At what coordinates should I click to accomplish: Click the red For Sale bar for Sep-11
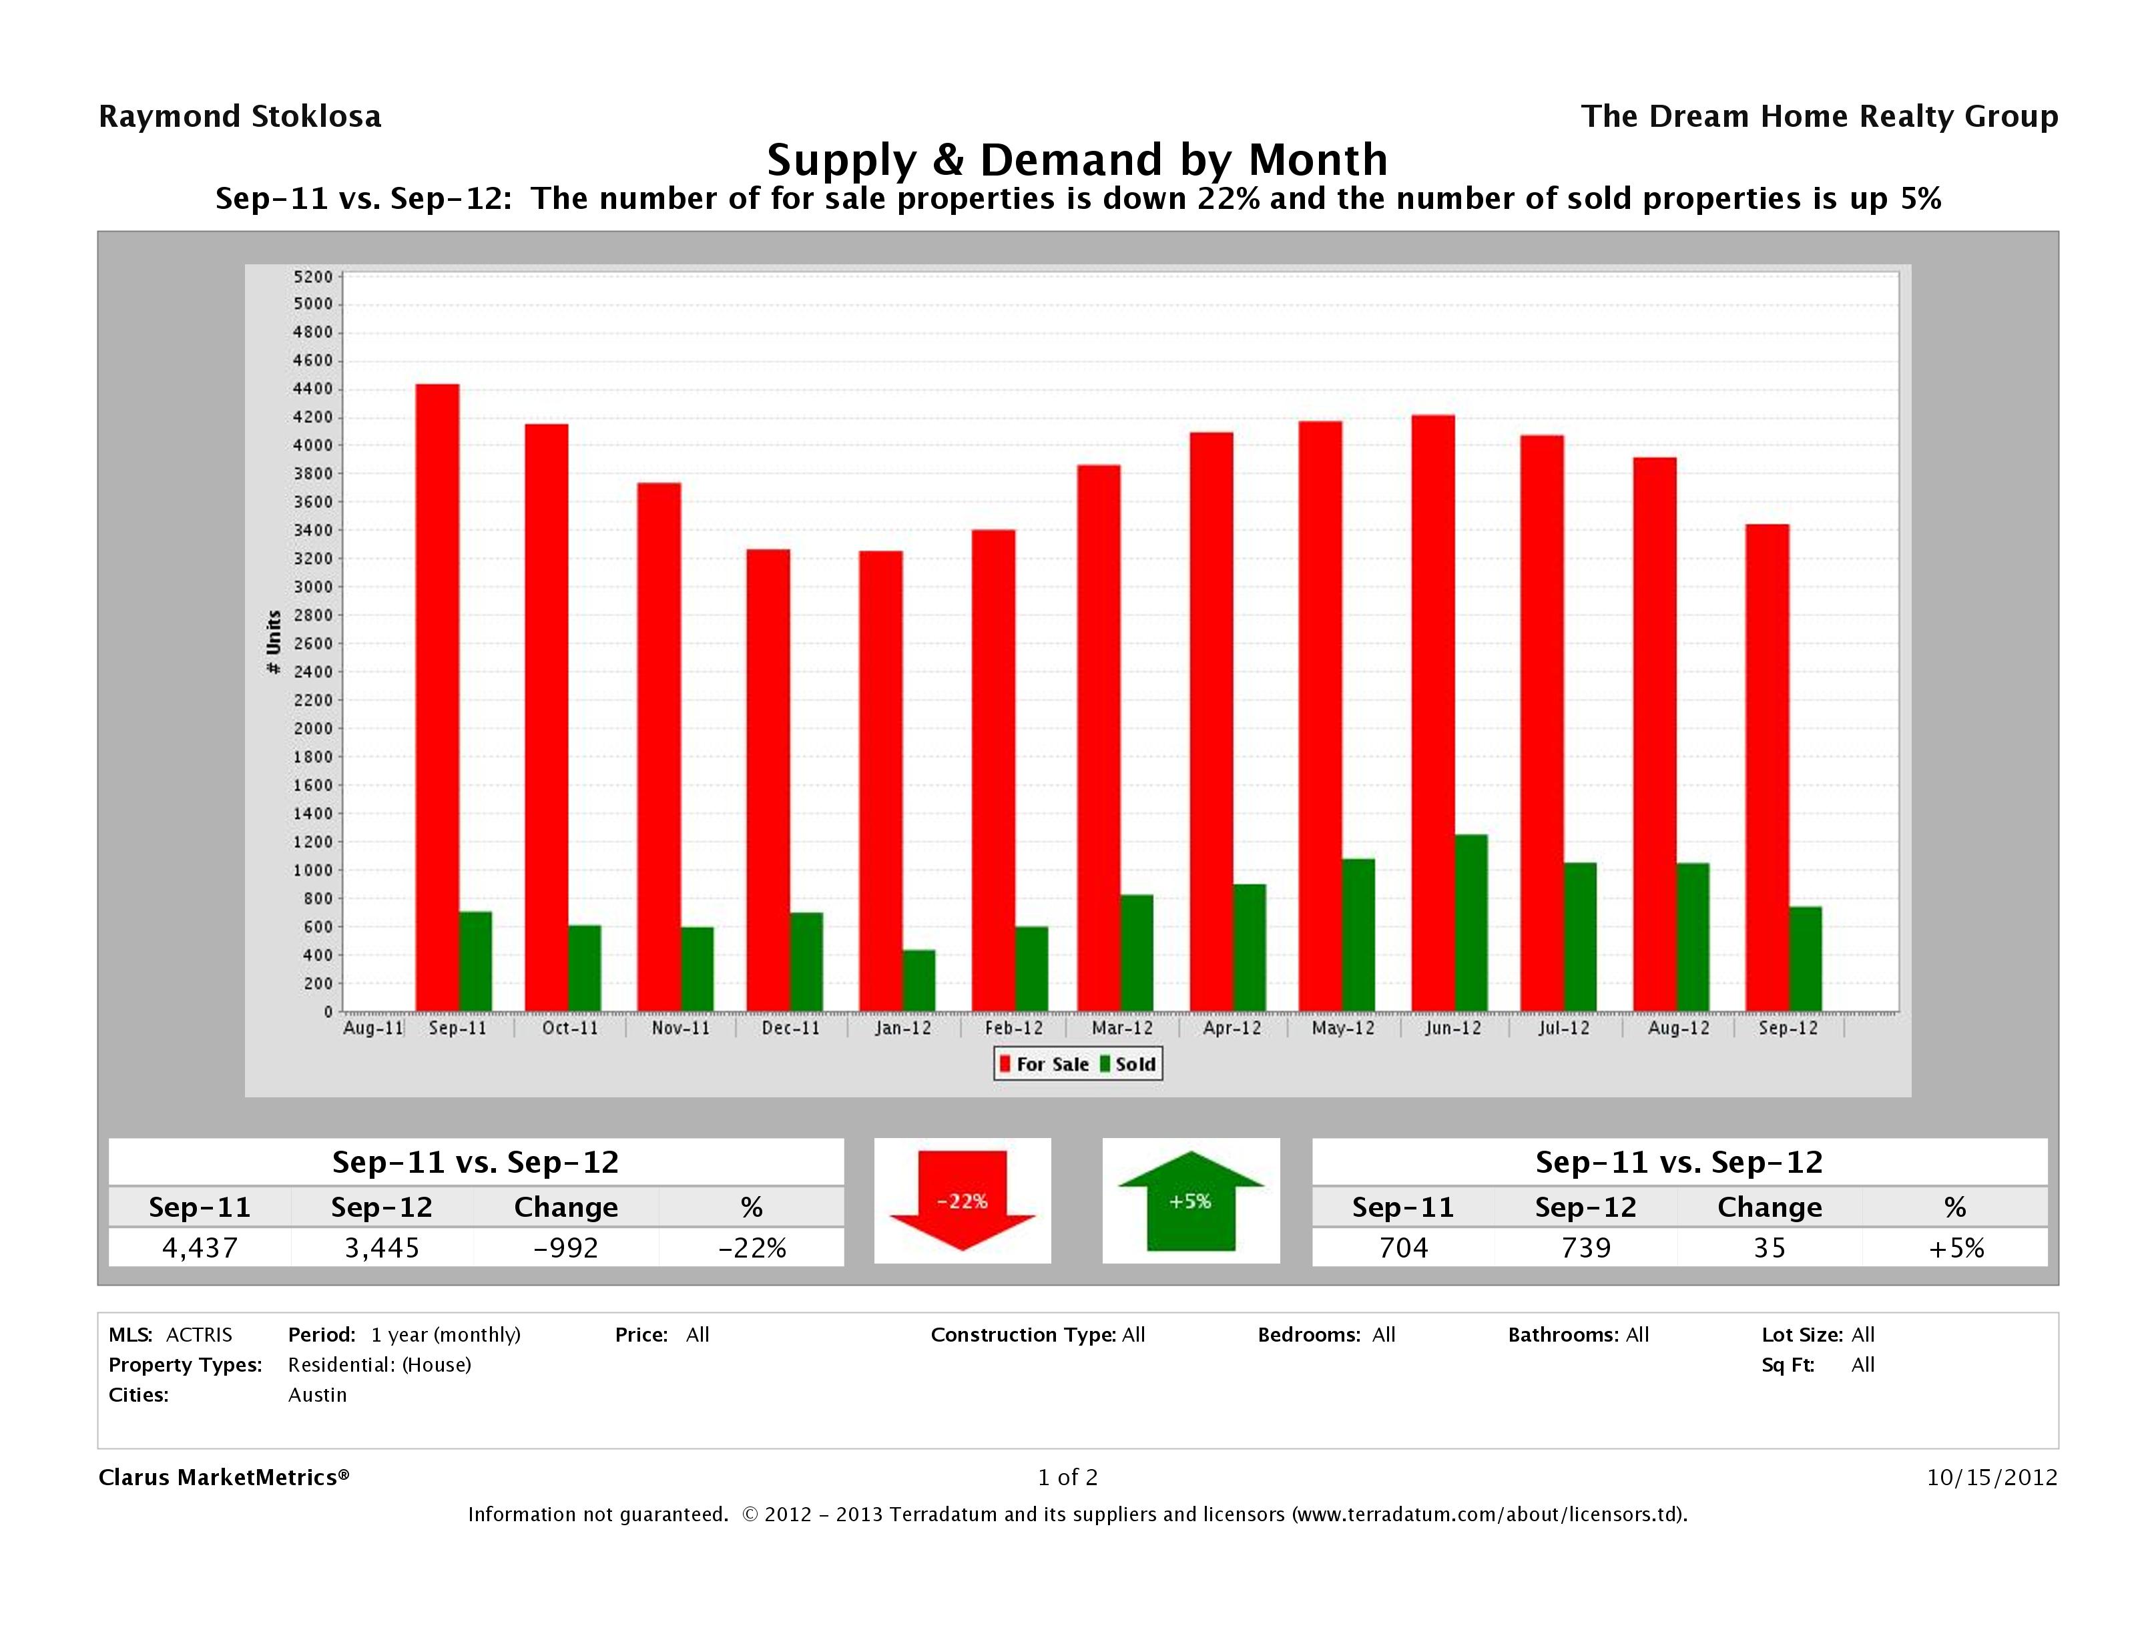pyautogui.click(x=437, y=698)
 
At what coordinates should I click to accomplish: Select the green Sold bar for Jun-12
pyautogui.click(x=1470, y=922)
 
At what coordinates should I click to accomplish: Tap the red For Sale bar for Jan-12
pyautogui.click(x=880, y=781)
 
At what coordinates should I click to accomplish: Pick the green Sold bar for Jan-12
pyautogui.click(x=918, y=980)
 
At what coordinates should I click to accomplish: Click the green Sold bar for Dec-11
pyautogui.click(x=806, y=961)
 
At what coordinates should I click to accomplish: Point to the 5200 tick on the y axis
pyautogui.click(x=312, y=276)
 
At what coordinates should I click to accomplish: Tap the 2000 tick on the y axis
pyautogui.click(x=312, y=728)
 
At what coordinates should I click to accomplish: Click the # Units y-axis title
pyautogui.click(x=274, y=643)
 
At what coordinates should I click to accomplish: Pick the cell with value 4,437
pyautogui.click(x=200, y=1248)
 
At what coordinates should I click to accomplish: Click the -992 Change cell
pyautogui.click(x=566, y=1248)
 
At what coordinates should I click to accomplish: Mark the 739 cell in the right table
pyautogui.click(x=1585, y=1248)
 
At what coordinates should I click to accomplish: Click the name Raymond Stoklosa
pyautogui.click(x=240, y=117)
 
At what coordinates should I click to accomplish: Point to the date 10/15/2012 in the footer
pyautogui.click(x=1991, y=1477)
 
